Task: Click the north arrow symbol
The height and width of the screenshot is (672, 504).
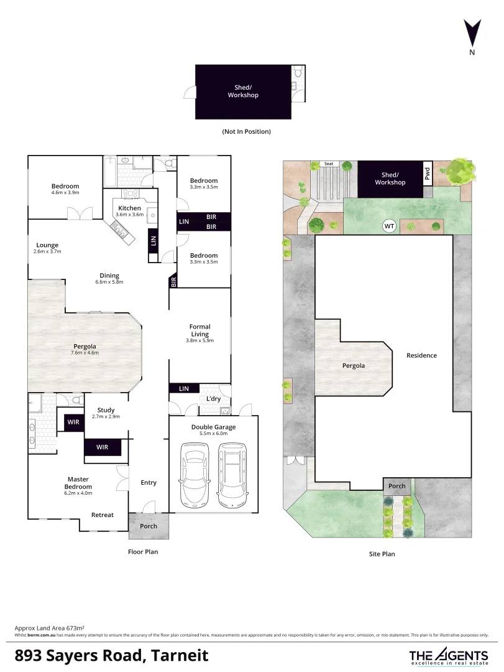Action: coord(472,32)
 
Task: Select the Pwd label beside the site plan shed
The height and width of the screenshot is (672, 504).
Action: coord(427,174)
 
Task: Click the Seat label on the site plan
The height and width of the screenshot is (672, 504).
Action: coord(329,164)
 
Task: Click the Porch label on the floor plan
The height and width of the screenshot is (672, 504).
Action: coord(149,526)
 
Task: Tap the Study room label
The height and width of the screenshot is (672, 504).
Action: coord(106,410)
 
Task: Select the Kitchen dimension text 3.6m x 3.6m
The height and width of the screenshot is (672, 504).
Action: coord(129,215)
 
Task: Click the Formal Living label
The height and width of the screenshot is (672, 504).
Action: coord(199,330)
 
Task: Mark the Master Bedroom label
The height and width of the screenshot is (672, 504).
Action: coord(79,483)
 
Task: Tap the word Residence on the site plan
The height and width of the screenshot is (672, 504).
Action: coord(421,355)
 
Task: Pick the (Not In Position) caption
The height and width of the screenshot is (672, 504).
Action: coord(246,132)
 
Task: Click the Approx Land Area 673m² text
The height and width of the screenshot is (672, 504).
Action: coord(49,628)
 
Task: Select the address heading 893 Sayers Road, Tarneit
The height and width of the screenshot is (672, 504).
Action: coord(111,655)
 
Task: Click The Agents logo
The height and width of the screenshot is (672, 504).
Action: coord(448,656)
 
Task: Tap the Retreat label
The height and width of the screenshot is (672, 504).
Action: coord(103,515)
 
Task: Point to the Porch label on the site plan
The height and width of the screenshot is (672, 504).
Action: coord(396,486)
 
